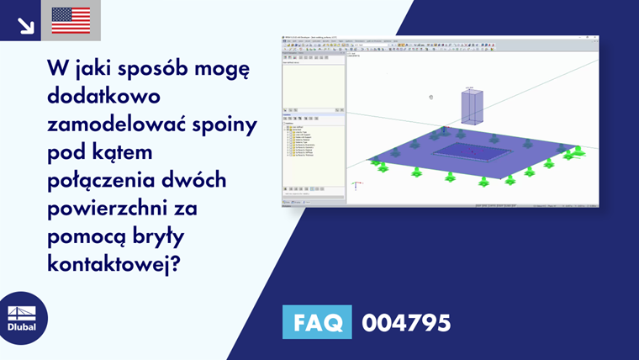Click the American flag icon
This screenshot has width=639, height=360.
71,20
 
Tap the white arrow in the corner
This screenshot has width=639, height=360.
25,25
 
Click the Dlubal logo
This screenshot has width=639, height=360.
22,318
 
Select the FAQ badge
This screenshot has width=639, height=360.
317,322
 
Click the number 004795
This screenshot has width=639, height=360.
405,322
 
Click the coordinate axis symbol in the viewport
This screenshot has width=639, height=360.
357,183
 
